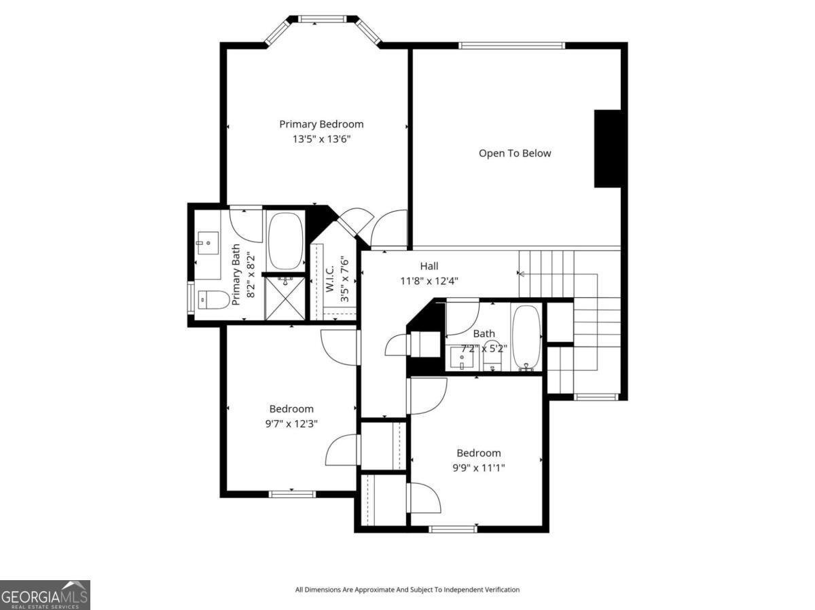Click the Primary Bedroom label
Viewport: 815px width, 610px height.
click(x=321, y=124)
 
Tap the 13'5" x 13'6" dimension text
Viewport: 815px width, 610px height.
click(x=321, y=139)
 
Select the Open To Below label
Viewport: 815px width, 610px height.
click(x=515, y=153)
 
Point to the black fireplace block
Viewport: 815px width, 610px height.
click(x=607, y=149)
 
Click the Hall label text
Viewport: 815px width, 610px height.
click(x=429, y=267)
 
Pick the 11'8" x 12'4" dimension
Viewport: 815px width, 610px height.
click(x=429, y=280)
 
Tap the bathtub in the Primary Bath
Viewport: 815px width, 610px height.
click(x=286, y=242)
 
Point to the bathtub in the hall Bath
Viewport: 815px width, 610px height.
click(x=526, y=337)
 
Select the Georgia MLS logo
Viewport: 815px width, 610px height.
click(x=45, y=595)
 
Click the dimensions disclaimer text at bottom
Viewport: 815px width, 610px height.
click(x=407, y=590)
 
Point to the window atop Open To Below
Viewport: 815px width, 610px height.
click(x=512, y=46)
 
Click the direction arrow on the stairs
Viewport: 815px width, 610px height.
click(x=522, y=274)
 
